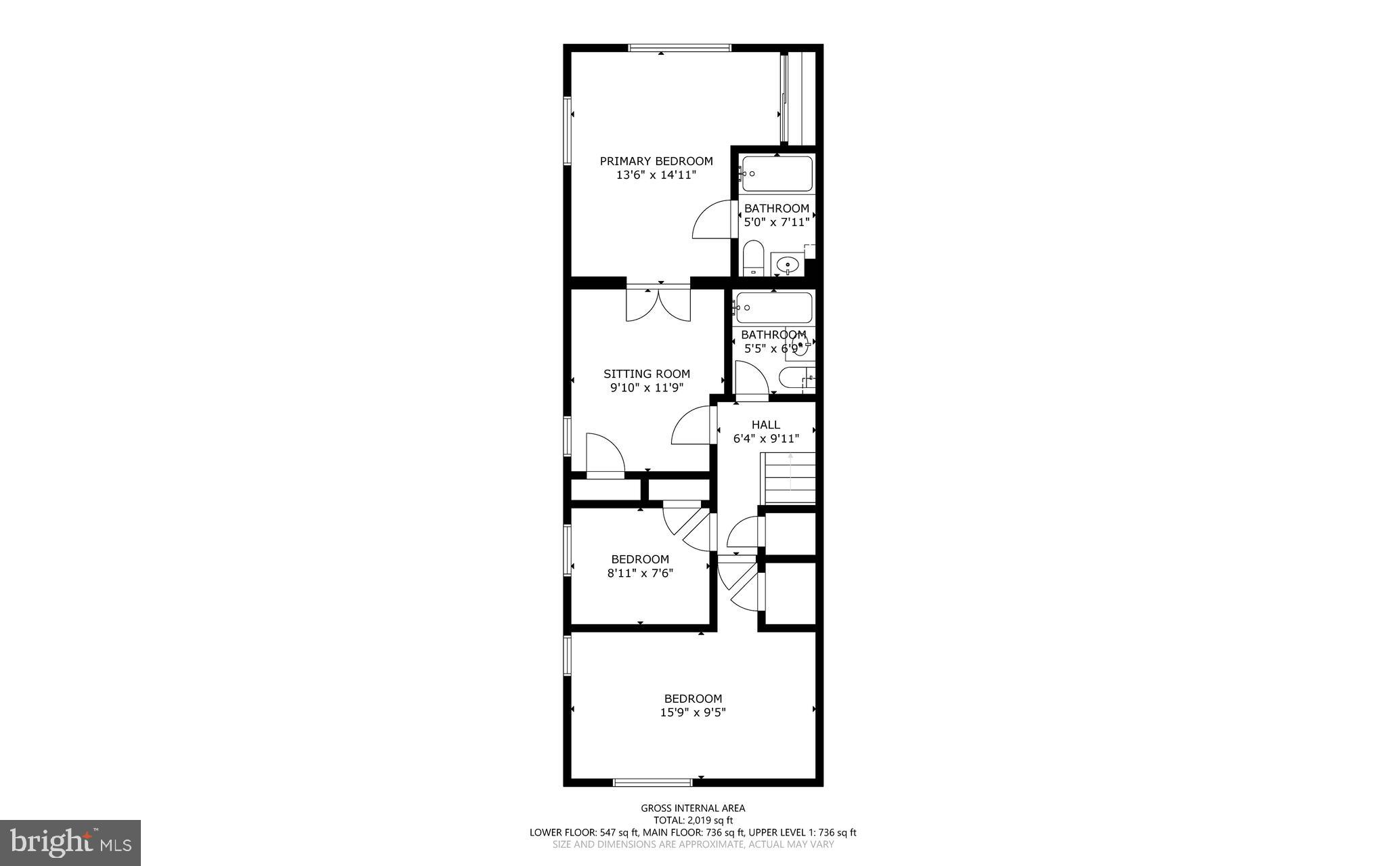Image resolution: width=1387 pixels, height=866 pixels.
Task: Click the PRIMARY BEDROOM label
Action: (656, 161)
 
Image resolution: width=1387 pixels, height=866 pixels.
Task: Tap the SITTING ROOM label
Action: (647, 374)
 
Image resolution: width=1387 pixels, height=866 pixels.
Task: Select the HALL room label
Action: (765, 425)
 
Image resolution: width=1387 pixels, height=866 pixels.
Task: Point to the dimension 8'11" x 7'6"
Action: (640, 573)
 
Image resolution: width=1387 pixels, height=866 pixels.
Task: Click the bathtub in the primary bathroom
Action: (777, 174)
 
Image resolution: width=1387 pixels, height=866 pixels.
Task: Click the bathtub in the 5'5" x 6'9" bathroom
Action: (774, 307)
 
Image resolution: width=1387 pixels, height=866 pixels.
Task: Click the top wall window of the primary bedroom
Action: (680, 47)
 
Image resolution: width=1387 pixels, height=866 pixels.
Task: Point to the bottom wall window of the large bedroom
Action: (653, 782)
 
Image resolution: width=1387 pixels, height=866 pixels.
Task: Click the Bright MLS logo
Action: (70, 842)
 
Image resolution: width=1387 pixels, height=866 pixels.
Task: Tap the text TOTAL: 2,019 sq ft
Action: (693, 820)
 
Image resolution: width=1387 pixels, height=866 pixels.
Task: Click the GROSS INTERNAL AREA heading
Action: (693, 808)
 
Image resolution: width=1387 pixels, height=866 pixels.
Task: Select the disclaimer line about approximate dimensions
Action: (693, 844)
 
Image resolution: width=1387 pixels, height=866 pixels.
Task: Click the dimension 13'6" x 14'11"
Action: (656, 175)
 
